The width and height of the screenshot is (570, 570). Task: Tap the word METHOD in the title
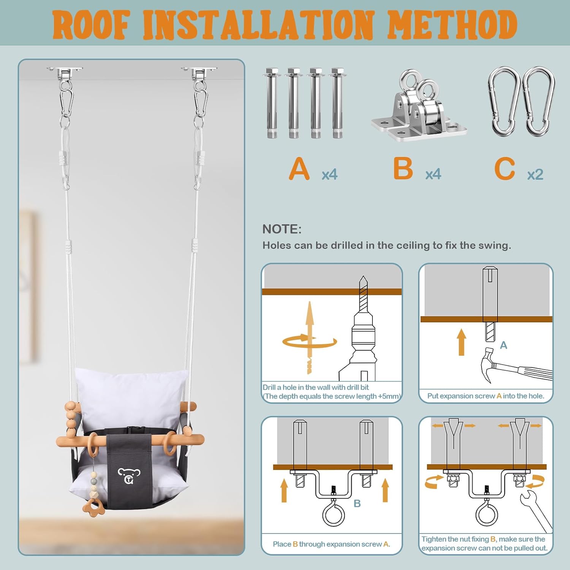point(452,25)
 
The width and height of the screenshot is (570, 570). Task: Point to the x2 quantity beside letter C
point(535,174)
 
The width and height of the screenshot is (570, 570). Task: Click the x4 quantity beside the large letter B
point(433,174)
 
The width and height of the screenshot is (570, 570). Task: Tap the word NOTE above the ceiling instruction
point(282,229)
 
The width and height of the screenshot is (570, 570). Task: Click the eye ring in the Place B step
point(333,515)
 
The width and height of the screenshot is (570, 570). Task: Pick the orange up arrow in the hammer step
point(461,342)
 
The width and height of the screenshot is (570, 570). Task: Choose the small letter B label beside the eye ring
point(357,503)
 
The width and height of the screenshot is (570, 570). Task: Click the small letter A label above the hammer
point(503,345)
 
